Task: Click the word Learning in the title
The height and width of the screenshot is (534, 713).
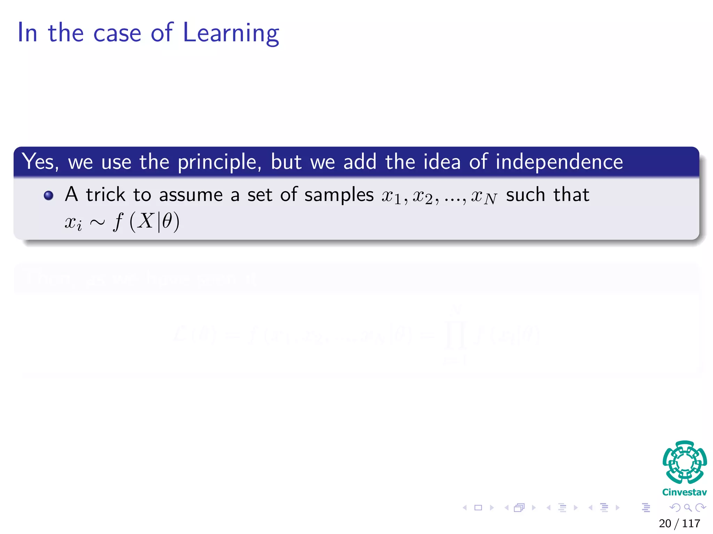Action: coord(230,33)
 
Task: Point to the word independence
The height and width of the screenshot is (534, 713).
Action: coord(559,162)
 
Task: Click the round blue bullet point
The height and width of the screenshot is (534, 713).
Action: coord(49,195)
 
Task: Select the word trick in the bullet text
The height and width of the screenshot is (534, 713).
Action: coord(105,195)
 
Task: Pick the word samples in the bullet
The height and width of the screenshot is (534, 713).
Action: coord(339,195)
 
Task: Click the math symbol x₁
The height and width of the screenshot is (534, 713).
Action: coord(392,197)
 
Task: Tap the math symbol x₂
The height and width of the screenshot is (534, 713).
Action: coord(423,197)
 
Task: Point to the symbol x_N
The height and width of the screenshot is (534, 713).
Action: coord(484,197)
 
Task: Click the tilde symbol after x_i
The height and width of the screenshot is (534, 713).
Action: coord(97,222)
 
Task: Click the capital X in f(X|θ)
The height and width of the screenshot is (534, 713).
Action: coord(145,221)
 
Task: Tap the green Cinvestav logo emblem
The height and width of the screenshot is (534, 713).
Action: coord(684,462)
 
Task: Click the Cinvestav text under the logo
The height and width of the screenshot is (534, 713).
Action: coord(684,492)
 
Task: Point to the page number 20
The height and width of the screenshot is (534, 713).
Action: coord(665,524)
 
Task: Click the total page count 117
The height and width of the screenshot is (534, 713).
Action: coord(691,524)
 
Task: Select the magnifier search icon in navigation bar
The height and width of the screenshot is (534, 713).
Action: coord(688,508)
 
